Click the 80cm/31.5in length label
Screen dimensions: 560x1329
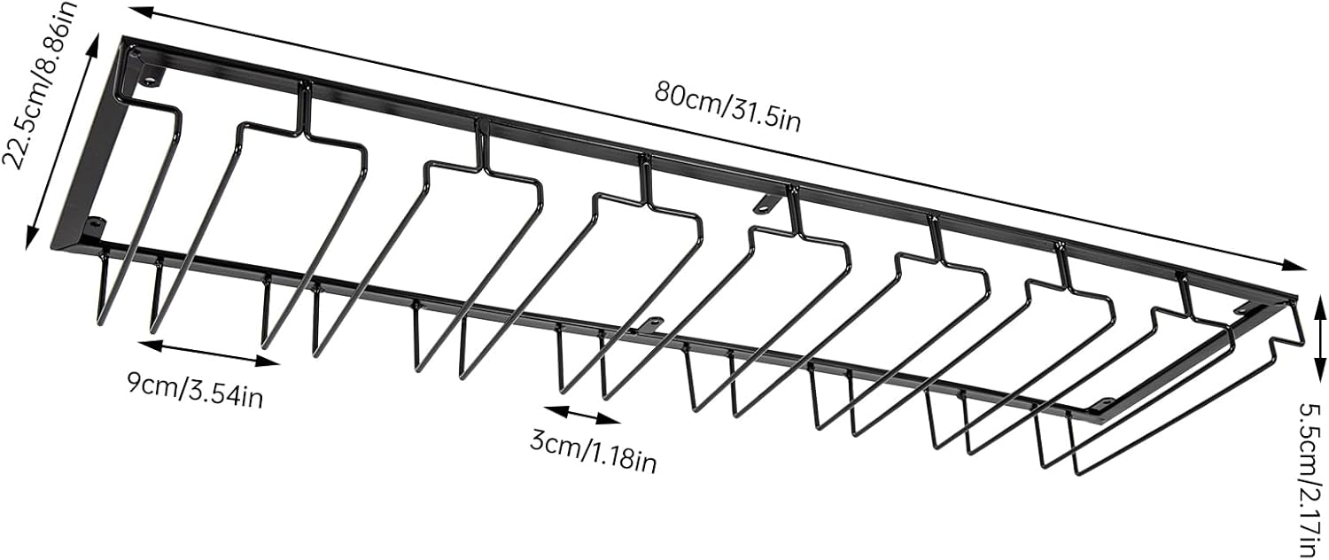click(x=727, y=105)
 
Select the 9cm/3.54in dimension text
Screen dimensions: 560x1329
click(x=194, y=390)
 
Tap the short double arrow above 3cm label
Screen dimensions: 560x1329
click(x=583, y=414)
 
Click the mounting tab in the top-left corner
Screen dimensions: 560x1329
click(x=150, y=78)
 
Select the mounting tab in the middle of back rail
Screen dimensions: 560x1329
click(x=762, y=204)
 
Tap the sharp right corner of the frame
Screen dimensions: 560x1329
click(x=1295, y=299)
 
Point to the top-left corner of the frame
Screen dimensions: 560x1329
click(x=125, y=40)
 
